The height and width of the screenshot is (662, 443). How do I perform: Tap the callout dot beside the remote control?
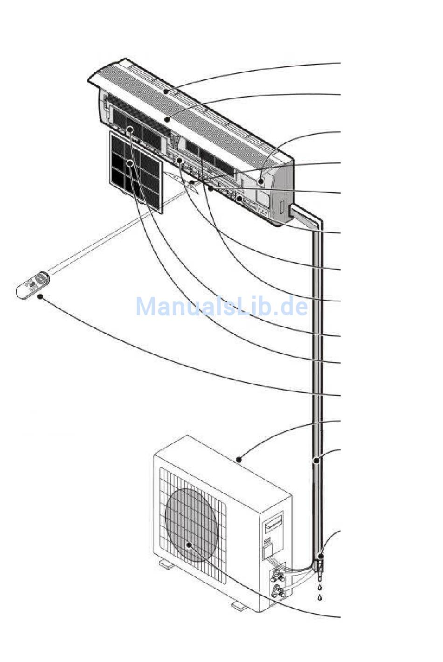[41, 297]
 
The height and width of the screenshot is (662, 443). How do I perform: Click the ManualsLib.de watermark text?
[221, 307]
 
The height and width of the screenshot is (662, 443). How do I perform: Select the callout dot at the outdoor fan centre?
[189, 544]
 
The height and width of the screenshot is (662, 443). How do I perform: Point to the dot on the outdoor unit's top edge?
[239, 460]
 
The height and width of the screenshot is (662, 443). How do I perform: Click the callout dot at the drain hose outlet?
[320, 556]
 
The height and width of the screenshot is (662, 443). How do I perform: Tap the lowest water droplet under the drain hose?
[319, 598]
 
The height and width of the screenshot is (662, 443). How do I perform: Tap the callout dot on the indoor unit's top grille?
[166, 91]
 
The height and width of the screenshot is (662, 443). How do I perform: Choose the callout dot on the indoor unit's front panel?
[166, 120]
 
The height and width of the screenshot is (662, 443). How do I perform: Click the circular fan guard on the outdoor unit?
[191, 524]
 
